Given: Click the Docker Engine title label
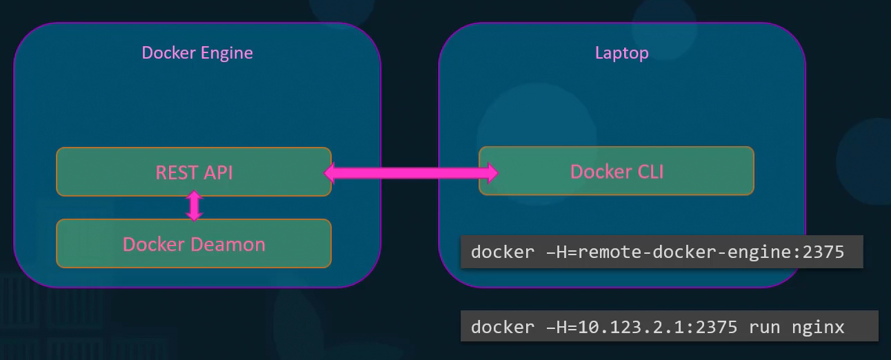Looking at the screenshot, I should coord(197,52).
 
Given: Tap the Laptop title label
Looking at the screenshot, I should coord(621,53).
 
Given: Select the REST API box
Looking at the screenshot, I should coord(194,172).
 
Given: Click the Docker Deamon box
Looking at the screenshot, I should coord(194,243).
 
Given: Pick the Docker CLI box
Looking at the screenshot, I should coord(617,171).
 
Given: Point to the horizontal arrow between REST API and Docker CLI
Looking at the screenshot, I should coord(411,172).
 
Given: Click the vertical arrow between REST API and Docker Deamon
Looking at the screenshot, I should coord(194,206).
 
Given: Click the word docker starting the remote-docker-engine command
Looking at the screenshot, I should coord(501,252).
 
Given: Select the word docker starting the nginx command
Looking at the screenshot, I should coord(501,326).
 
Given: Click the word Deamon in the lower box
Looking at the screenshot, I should coord(228,243).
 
